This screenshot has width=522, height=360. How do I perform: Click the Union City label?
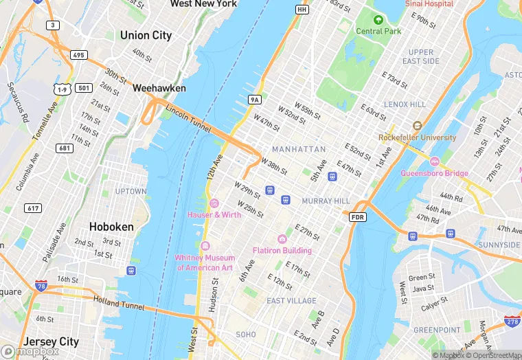click(x=146, y=35)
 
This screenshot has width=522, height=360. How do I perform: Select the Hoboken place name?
click(x=111, y=226)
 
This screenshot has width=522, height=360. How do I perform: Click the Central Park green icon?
click(x=378, y=19)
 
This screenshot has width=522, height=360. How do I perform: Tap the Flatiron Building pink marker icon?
click(x=282, y=239)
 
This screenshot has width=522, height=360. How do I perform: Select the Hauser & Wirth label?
click(x=214, y=214)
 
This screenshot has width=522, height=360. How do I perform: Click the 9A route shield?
click(x=255, y=100)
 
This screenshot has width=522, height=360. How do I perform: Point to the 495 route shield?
click(x=78, y=55)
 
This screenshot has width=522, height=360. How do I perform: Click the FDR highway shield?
click(x=357, y=217)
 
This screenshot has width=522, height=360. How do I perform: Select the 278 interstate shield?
click(x=511, y=322)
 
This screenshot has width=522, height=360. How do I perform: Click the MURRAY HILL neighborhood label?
click(x=326, y=201)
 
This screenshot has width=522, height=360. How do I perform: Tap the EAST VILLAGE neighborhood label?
click(x=291, y=301)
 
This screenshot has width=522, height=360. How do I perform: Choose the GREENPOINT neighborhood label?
click(x=437, y=330)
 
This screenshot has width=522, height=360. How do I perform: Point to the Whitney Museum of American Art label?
click(x=205, y=262)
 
